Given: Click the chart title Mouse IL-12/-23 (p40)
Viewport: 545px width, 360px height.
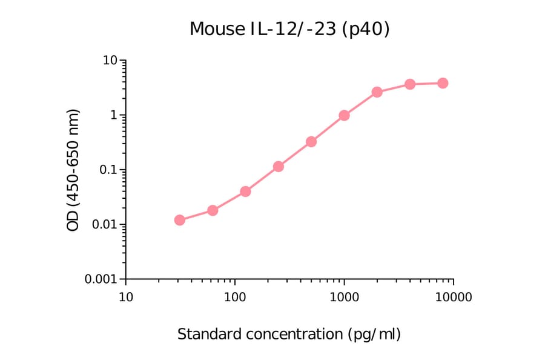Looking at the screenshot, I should [289, 29].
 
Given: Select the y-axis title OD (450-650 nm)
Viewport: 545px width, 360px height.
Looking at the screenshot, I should [73, 170].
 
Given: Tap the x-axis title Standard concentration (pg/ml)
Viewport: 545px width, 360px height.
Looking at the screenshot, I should [289, 334].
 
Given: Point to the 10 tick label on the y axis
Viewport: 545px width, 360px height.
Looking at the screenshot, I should [110, 61].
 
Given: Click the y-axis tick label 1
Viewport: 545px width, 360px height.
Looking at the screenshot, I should [113, 115].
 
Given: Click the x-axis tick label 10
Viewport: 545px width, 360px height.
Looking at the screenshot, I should [125, 298].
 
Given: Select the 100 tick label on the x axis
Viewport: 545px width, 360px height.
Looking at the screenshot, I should [235, 298].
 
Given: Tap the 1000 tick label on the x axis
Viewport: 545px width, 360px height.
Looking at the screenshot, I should [344, 298].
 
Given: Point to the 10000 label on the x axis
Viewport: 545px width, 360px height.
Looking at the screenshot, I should [454, 298].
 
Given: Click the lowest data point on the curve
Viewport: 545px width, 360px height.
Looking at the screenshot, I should [180, 220].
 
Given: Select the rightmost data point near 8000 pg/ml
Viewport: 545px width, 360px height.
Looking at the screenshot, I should [443, 83].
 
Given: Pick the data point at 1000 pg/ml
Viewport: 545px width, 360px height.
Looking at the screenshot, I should [344, 115].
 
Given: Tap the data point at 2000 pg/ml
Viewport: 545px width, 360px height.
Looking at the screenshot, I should [377, 92].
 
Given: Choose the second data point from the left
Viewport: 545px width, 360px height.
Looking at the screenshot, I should [213, 210].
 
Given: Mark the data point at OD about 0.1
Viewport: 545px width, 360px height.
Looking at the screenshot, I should [279, 167].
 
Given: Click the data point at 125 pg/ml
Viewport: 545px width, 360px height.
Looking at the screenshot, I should [245, 192].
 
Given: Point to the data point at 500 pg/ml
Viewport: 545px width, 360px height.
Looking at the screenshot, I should [311, 142].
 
